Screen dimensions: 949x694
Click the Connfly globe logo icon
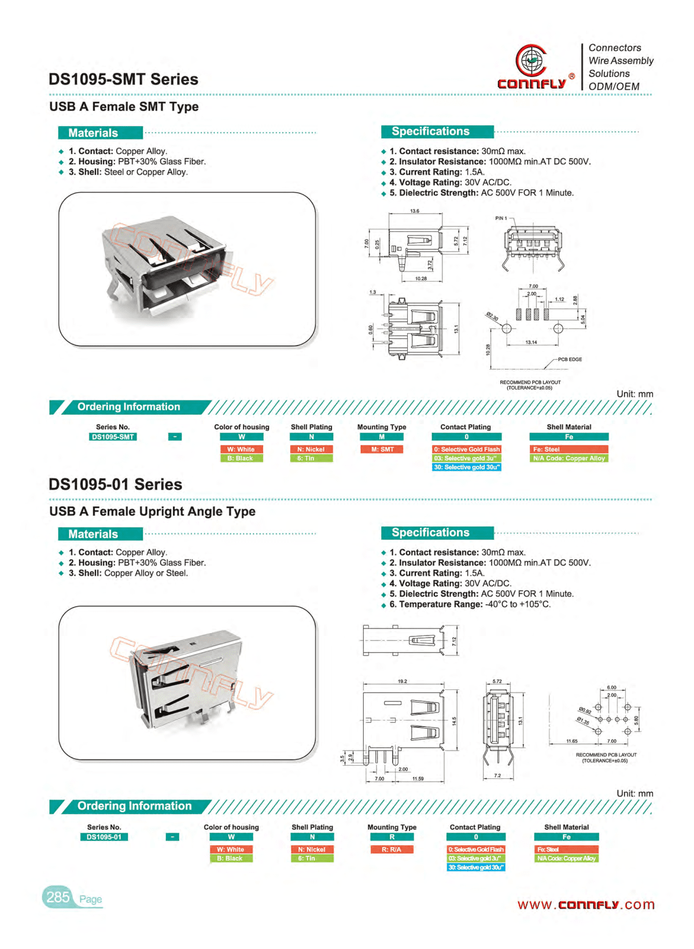click(531, 60)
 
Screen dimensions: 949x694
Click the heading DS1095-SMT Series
click(123, 79)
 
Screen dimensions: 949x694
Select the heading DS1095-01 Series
click(115, 484)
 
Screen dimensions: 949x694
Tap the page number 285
click(58, 897)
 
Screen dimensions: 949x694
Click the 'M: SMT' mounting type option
click(382, 449)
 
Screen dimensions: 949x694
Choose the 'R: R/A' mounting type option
click(392, 849)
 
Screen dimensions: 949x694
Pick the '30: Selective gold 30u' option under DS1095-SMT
click(466, 467)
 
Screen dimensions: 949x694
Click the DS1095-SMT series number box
click(113, 437)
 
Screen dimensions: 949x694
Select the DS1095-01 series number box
click(104, 837)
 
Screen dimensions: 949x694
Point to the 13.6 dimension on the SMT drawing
click(415, 211)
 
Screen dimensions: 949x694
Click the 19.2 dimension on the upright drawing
click(403, 681)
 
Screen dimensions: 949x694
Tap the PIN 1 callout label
click(501, 218)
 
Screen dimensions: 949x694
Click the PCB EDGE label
click(570, 359)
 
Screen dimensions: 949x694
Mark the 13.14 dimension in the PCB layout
click(531, 343)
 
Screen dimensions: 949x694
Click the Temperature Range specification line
click(470, 604)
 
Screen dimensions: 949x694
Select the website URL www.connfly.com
click(586, 904)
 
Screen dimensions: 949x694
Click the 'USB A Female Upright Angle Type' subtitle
click(152, 512)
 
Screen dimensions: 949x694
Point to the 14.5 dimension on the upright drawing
click(454, 722)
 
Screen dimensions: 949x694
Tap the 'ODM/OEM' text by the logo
click(614, 87)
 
